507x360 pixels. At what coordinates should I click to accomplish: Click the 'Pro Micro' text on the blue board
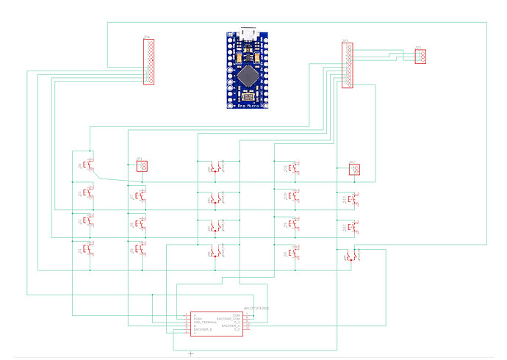[x=248, y=105]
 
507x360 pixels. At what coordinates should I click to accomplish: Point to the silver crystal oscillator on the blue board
[x=248, y=96]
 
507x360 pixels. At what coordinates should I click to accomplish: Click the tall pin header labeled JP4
[x=149, y=62]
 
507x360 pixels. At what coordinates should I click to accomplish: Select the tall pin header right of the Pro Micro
[x=348, y=65]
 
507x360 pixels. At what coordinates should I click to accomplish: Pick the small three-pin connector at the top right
[x=420, y=57]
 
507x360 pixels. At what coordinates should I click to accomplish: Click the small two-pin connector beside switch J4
[x=142, y=166]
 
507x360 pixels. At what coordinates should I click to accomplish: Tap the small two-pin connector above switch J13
[x=354, y=170]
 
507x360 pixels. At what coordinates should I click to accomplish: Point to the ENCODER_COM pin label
[x=231, y=318]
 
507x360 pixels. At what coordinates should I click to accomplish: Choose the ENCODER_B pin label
[x=203, y=331]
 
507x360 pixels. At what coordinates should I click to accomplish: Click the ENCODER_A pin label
[x=234, y=326]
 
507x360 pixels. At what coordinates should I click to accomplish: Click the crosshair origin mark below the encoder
[x=191, y=354]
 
